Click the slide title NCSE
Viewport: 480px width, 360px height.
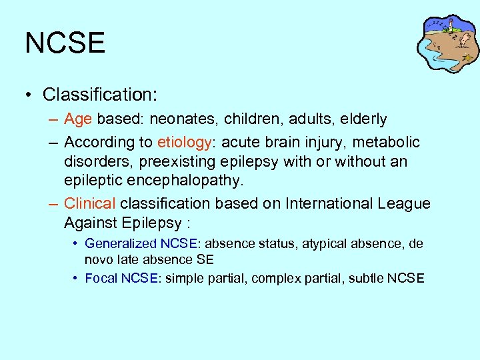click(x=65, y=43)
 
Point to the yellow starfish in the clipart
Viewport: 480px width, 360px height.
click(x=469, y=58)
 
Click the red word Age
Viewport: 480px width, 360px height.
click(x=78, y=119)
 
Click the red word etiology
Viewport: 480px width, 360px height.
click(x=184, y=142)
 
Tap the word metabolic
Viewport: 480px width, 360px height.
click(x=387, y=142)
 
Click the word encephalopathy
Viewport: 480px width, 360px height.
click(x=179, y=181)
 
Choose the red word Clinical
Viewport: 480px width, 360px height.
click(x=89, y=203)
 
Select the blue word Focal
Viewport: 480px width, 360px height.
click(x=101, y=278)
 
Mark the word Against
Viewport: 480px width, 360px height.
click(x=89, y=222)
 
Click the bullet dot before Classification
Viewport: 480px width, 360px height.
click(x=31, y=95)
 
